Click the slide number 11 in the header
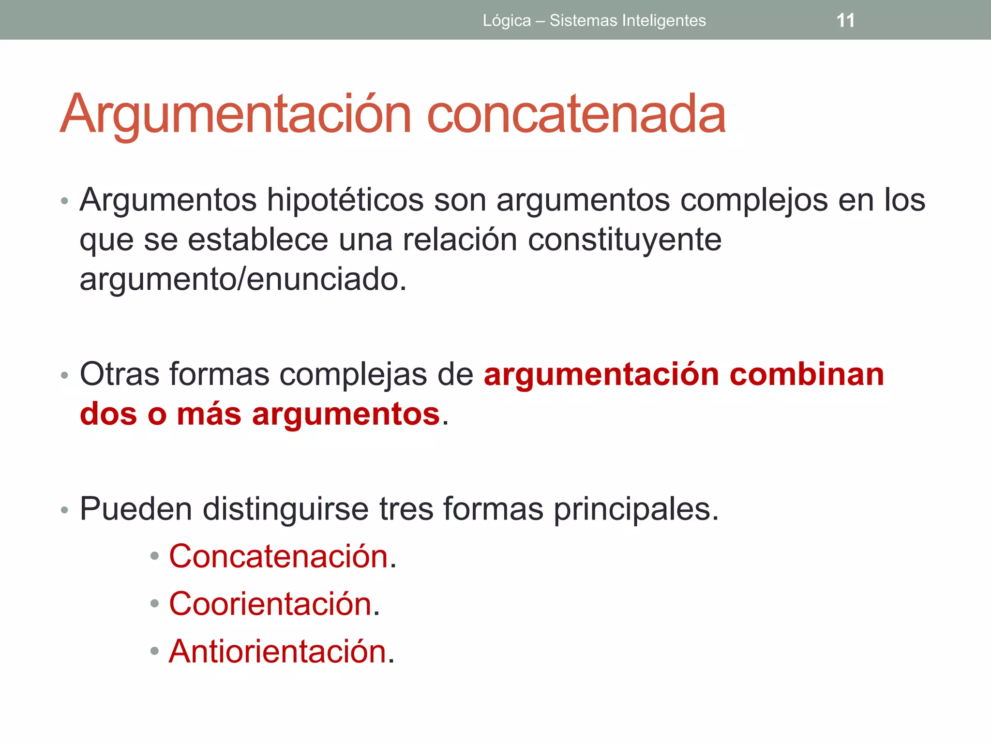coord(845,21)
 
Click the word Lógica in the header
coord(507,21)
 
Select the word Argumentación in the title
coord(236,114)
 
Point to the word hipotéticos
coord(345,200)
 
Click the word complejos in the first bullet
coord(754,200)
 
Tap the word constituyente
coord(624,239)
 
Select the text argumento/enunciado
coord(243,279)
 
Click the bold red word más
coord(209,414)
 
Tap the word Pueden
coord(136,509)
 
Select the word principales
coord(636,509)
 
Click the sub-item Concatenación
coord(279,556)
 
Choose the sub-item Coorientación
coord(270,604)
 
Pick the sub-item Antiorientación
coord(278,651)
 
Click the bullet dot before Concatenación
coord(154,557)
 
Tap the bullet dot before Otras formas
coord(64,375)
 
